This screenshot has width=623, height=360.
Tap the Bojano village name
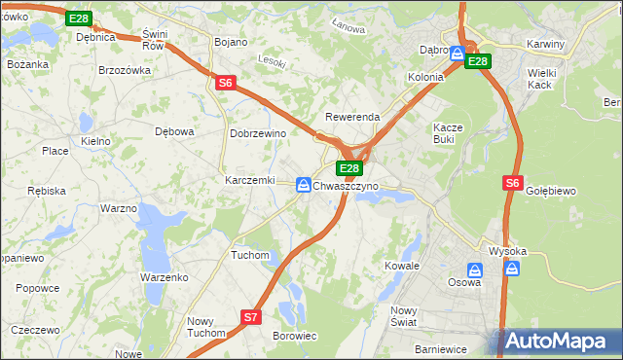click(x=231, y=42)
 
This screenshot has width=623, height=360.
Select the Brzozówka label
click(x=125, y=70)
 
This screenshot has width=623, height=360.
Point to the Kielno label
click(x=95, y=141)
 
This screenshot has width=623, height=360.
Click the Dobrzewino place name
click(x=256, y=133)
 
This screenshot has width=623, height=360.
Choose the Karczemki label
click(x=249, y=181)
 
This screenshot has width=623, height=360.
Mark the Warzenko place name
click(x=164, y=277)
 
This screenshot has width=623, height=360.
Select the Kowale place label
click(x=401, y=265)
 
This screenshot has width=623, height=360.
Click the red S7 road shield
click(x=251, y=317)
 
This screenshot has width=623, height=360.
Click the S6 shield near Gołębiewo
click(x=513, y=182)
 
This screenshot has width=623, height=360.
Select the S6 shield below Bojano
click(x=225, y=84)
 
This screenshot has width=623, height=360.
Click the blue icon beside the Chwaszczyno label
click(x=305, y=184)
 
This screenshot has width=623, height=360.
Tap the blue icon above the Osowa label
click(x=475, y=270)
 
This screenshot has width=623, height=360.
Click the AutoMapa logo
click(x=561, y=341)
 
